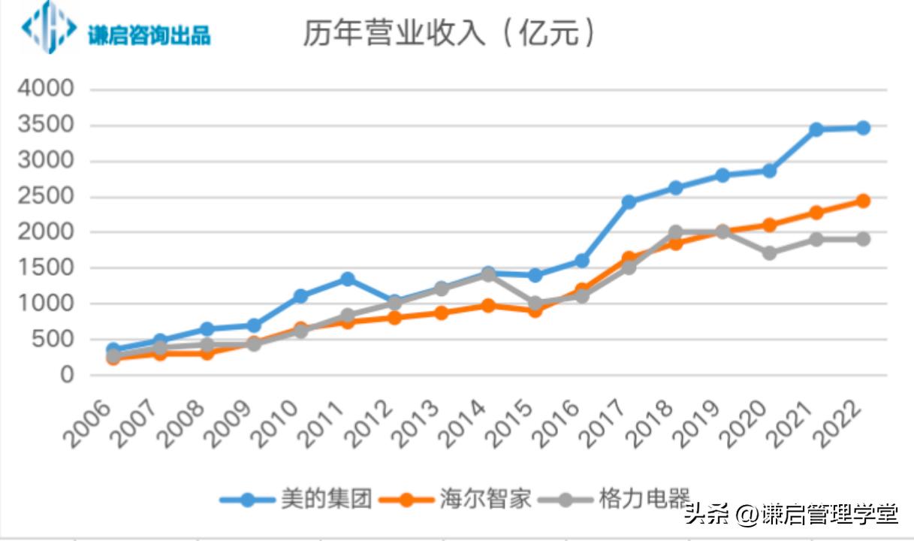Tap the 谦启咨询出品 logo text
149,35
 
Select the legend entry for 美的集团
296,498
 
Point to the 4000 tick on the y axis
47,89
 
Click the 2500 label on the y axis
47,196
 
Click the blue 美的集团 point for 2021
816,129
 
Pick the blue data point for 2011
348,279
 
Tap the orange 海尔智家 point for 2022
863,201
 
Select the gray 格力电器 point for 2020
770,253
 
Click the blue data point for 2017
629,201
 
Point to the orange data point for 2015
535,310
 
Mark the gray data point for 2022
863,239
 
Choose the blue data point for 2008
207,329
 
